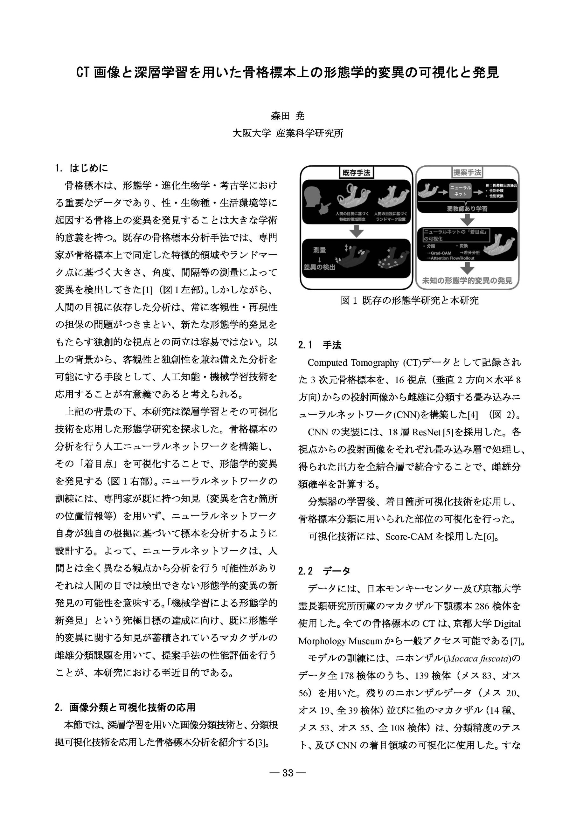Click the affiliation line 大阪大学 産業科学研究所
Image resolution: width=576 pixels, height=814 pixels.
(288, 133)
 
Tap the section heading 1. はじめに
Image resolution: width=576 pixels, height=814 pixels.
(81, 168)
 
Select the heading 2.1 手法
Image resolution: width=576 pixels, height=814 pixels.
(320, 345)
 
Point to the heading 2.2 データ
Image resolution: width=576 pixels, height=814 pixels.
(324, 571)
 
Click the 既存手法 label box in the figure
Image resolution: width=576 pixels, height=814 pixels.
(357, 173)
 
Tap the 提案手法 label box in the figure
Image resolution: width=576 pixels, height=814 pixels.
(467, 173)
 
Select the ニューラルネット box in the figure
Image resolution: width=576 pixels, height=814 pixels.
(460, 191)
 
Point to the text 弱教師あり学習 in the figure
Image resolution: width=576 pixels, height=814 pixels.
(467, 209)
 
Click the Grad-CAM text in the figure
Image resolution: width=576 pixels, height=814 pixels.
(441, 253)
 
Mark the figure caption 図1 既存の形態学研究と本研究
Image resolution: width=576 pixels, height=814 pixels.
(410, 301)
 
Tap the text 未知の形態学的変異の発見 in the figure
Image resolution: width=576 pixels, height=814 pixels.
(467, 281)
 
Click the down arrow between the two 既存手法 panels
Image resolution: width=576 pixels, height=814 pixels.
(357, 232)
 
